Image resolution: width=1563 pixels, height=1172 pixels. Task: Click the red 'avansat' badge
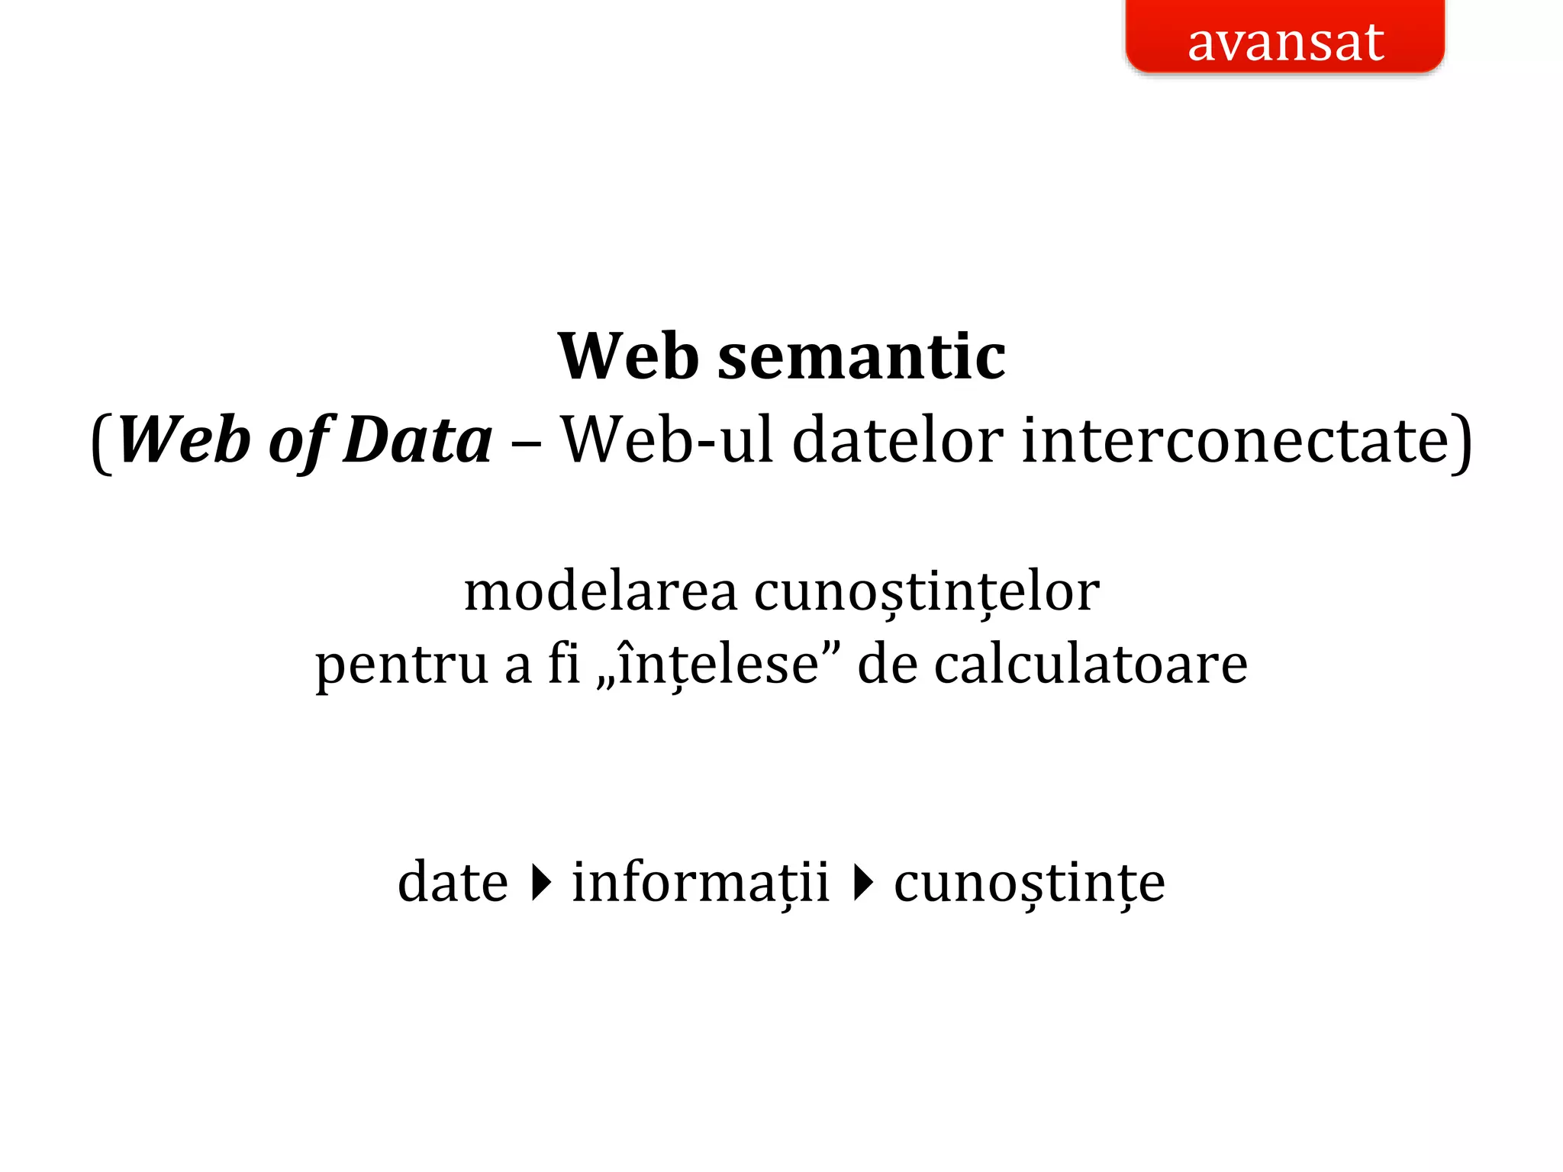pyautogui.click(x=1285, y=38)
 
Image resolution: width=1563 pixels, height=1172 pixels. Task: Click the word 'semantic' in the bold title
pyautogui.click(x=862, y=356)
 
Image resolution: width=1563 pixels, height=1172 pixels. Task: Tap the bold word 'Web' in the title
pyautogui.click(x=628, y=356)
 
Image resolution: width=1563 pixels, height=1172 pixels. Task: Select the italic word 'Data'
pyautogui.click(x=417, y=440)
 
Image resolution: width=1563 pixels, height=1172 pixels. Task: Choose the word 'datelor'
pyautogui.click(x=898, y=440)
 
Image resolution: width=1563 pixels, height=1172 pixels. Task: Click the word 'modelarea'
pyautogui.click(x=601, y=591)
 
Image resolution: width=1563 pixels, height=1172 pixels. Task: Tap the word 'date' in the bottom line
pyautogui.click(x=453, y=882)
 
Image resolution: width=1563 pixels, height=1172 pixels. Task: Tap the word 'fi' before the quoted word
pyautogui.click(x=564, y=664)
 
